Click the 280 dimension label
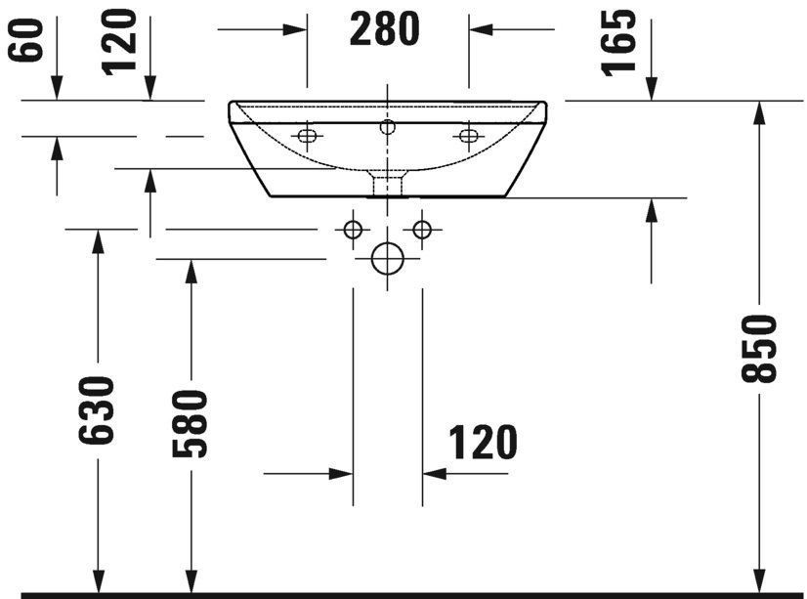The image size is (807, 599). [x=386, y=29]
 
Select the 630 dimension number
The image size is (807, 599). [x=98, y=409]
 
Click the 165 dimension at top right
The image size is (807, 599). [x=620, y=41]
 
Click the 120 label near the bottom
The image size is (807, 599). [x=483, y=444]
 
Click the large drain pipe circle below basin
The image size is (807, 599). [x=388, y=259]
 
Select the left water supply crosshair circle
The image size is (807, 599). [x=353, y=230]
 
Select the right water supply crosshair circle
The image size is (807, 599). [x=422, y=230]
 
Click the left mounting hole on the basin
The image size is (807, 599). [x=308, y=135]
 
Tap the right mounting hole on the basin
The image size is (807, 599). [x=468, y=135]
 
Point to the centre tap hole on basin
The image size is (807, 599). [x=388, y=125]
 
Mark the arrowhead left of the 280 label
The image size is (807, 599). [x=296, y=29]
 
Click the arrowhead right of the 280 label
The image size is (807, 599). [x=481, y=29]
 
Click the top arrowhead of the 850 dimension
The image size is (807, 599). [x=758, y=112]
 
